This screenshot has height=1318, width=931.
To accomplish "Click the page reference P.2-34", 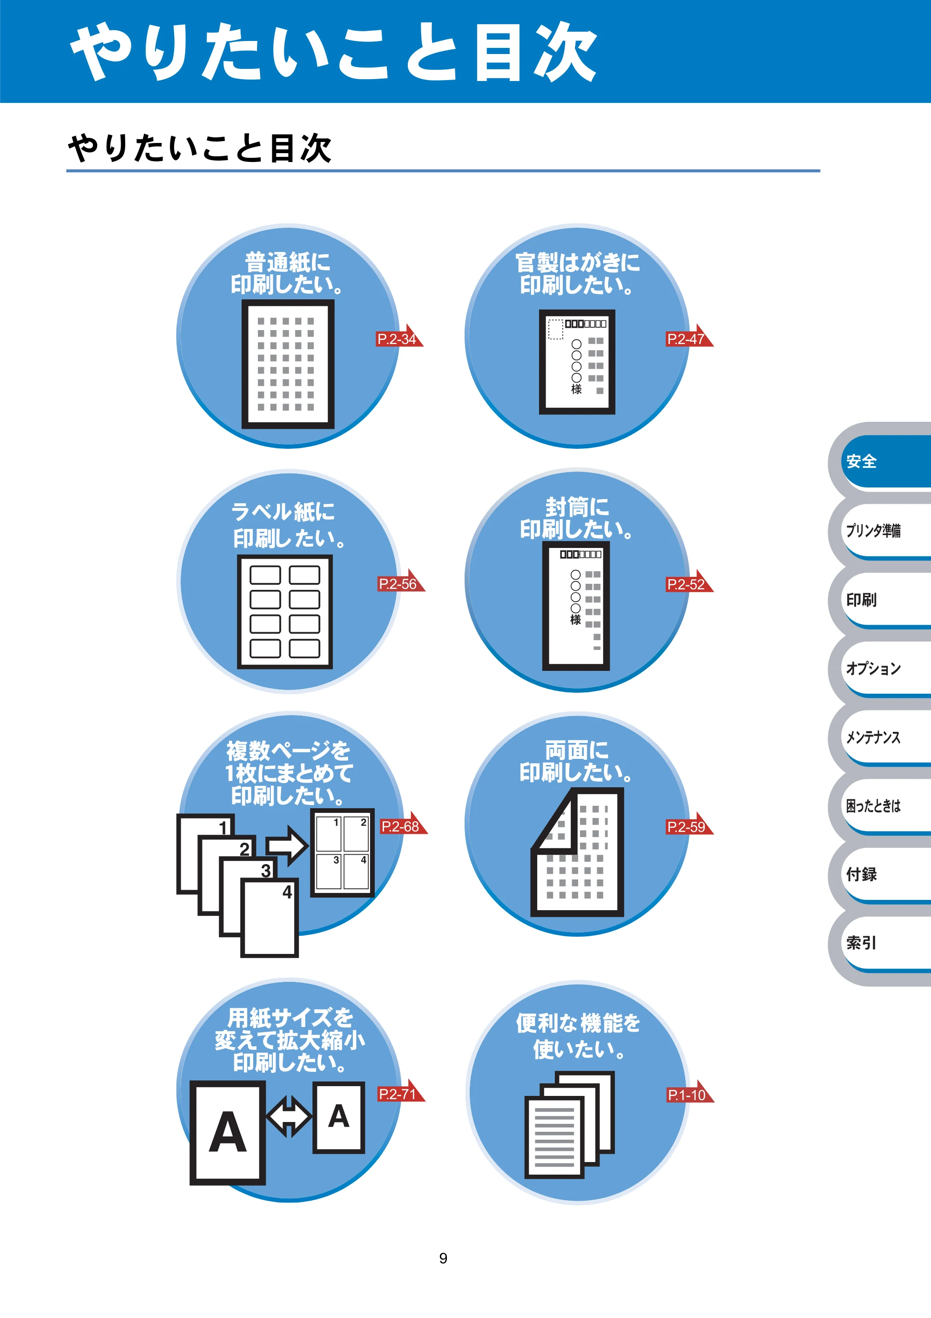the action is (x=399, y=338).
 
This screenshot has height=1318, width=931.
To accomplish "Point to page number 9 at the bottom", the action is (x=443, y=1258).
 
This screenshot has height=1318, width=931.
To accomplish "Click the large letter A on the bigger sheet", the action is (x=228, y=1132).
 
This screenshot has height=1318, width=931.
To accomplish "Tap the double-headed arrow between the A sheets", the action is (x=289, y=1116).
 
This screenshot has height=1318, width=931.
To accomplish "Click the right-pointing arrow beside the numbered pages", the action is (x=287, y=845).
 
